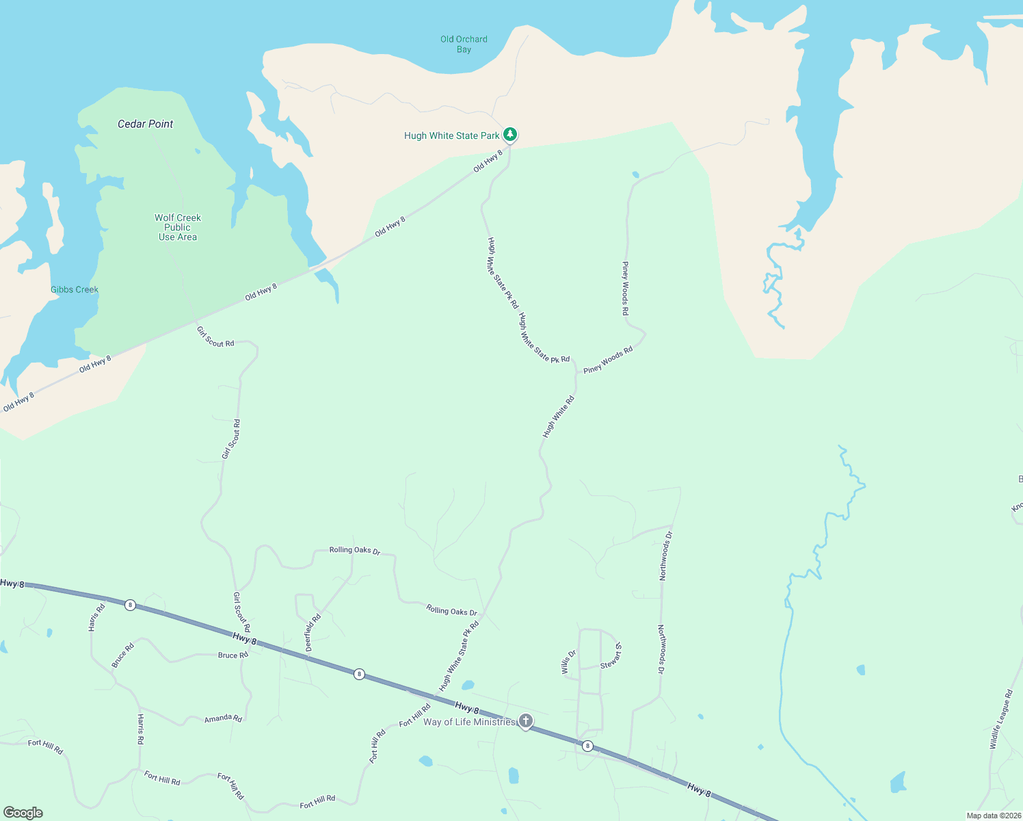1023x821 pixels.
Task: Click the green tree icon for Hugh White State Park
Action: [x=510, y=134]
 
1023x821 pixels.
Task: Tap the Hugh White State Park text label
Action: [x=451, y=135]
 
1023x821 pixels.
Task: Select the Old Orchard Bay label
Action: [x=464, y=44]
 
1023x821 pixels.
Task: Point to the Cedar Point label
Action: [x=146, y=124]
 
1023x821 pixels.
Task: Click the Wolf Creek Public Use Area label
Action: [x=178, y=227]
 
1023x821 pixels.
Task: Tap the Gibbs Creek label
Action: [x=75, y=289]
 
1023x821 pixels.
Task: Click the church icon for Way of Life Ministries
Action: [x=525, y=720]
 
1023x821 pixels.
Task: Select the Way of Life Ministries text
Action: [x=469, y=722]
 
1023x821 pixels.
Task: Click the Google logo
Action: [x=23, y=813]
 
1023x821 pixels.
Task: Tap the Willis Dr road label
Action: [x=569, y=662]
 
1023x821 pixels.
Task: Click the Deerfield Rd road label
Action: [x=313, y=633]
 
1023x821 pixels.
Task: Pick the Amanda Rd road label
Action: [x=223, y=718]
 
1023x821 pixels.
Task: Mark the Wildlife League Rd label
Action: [x=1000, y=720]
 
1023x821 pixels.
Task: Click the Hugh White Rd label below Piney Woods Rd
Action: [x=559, y=417]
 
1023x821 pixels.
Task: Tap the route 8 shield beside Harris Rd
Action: [x=130, y=605]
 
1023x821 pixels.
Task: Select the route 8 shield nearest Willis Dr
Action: [x=587, y=746]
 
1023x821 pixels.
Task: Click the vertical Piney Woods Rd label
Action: [x=625, y=288]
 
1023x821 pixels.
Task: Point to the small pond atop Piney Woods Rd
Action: [x=635, y=174]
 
